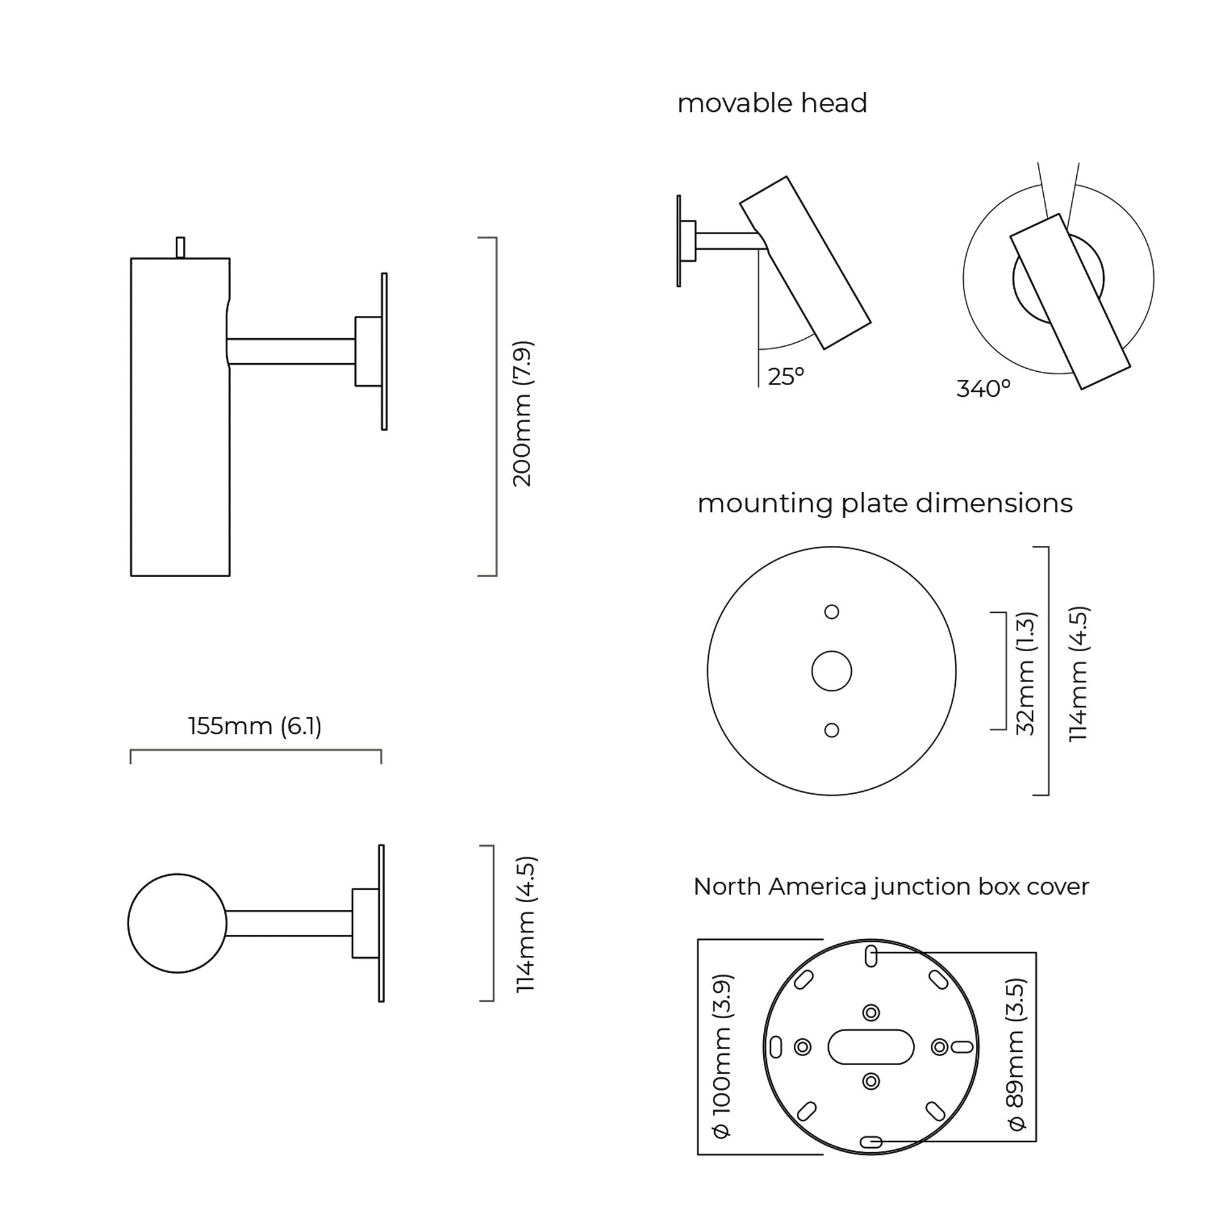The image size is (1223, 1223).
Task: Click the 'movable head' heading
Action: (772, 103)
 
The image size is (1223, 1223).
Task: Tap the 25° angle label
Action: (786, 377)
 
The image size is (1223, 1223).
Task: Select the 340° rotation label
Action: (983, 389)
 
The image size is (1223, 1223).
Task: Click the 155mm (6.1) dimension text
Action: (255, 726)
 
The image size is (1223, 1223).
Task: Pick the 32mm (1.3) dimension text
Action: (1025, 673)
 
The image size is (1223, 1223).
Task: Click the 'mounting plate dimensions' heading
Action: (885, 504)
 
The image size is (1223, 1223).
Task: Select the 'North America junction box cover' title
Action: (892, 887)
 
